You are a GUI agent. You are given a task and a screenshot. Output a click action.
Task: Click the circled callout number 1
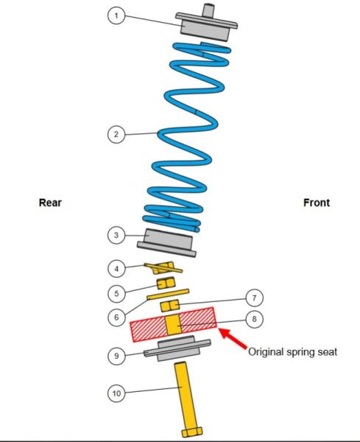(116, 15)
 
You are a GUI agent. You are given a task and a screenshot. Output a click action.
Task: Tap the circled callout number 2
(116, 134)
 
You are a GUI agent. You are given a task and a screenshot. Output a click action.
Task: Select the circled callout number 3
(116, 235)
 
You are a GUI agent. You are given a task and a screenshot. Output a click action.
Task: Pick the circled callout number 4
(116, 268)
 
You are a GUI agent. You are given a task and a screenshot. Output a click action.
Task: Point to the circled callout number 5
(116, 293)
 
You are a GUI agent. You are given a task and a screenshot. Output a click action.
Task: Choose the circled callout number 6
(116, 318)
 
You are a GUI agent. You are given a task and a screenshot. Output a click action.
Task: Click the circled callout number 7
(255, 298)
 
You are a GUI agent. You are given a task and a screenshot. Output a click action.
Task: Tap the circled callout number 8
(255, 319)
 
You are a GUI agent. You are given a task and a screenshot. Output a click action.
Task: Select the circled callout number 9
(116, 356)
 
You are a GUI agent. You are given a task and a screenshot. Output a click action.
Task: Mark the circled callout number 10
(116, 393)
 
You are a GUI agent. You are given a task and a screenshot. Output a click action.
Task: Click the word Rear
(50, 203)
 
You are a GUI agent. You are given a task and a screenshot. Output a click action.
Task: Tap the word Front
(317, 203)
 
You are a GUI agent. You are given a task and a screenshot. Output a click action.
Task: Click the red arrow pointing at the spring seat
(232, 338)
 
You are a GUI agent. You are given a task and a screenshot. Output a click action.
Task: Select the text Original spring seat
(292, 352)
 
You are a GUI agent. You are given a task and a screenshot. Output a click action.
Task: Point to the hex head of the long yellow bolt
(192, 432)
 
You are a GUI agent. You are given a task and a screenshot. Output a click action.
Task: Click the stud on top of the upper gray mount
(208, 11)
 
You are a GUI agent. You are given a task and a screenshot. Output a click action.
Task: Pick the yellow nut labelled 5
(166, 283)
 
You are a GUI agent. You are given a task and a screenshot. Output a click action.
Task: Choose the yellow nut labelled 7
(169, 306)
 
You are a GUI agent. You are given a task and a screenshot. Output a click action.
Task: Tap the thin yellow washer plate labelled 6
(168, 294)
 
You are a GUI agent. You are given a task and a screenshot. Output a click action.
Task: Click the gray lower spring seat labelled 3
(167, 242)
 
